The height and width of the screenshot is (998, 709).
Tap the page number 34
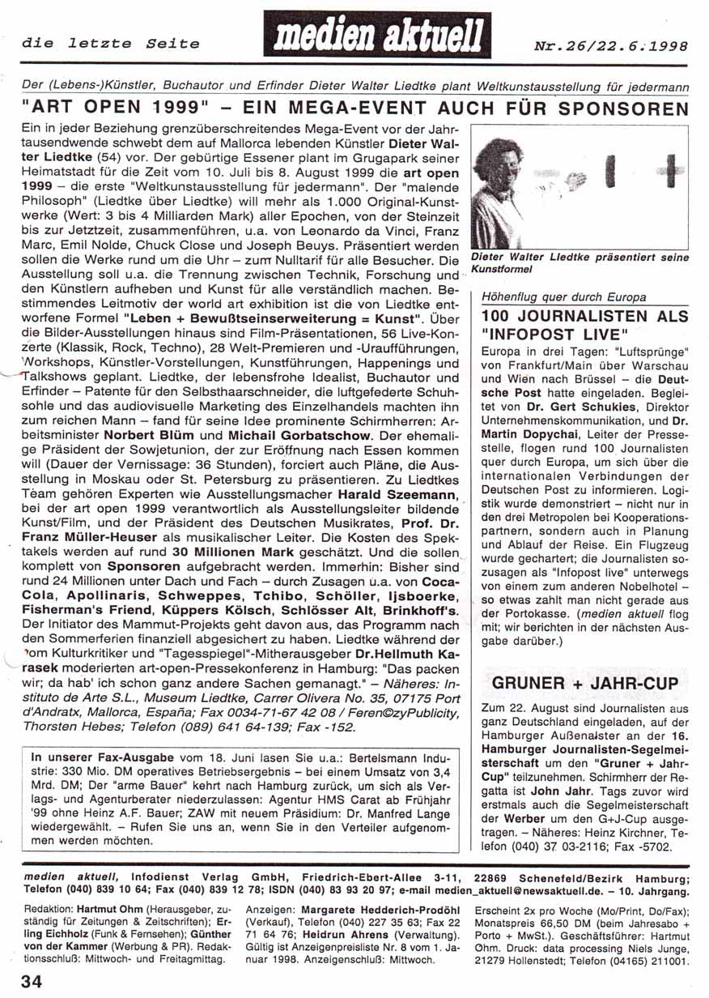pyautogui.click(x=32, y=982)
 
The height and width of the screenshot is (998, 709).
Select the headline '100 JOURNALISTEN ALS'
pyautogui.click(x=585, y=316)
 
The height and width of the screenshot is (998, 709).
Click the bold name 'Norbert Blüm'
pyautogui.click(x=142, y=435)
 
